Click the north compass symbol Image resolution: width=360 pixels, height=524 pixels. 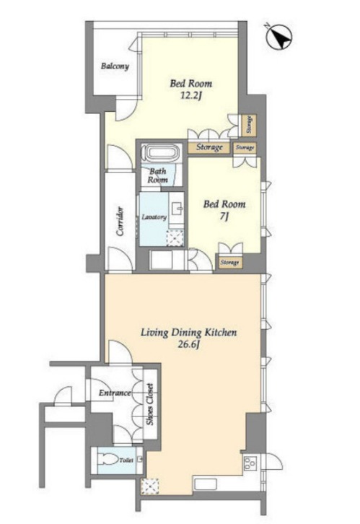click(279, 38)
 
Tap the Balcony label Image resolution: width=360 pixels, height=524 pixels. click(115, 66)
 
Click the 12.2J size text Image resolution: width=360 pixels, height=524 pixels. click(191, 96)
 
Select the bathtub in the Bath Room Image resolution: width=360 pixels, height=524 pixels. click(162, 154)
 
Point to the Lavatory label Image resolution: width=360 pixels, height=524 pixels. click(154, 217)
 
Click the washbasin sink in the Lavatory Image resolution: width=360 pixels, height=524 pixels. click(176, 210)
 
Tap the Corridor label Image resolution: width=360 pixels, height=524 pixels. click(120, 222)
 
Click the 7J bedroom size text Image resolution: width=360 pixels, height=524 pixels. click(224, 217)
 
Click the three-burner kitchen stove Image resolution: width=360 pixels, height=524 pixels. click(250, 463)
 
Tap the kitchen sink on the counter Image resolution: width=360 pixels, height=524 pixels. click(205, 484)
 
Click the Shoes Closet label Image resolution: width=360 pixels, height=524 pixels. click(150, 403)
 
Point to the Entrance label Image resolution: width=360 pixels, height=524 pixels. click(115, 393)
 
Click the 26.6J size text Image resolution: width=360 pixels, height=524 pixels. click(188, 344)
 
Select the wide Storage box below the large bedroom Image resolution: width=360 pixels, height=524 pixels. click(209, 147)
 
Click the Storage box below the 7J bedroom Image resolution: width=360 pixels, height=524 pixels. click(229, 262)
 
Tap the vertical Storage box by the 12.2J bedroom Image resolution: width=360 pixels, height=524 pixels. click(249, 125)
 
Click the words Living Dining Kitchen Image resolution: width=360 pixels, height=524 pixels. click(189, 333)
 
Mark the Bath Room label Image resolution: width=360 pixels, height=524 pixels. click(157, 175)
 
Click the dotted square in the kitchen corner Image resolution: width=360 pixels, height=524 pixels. click(150, 486)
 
